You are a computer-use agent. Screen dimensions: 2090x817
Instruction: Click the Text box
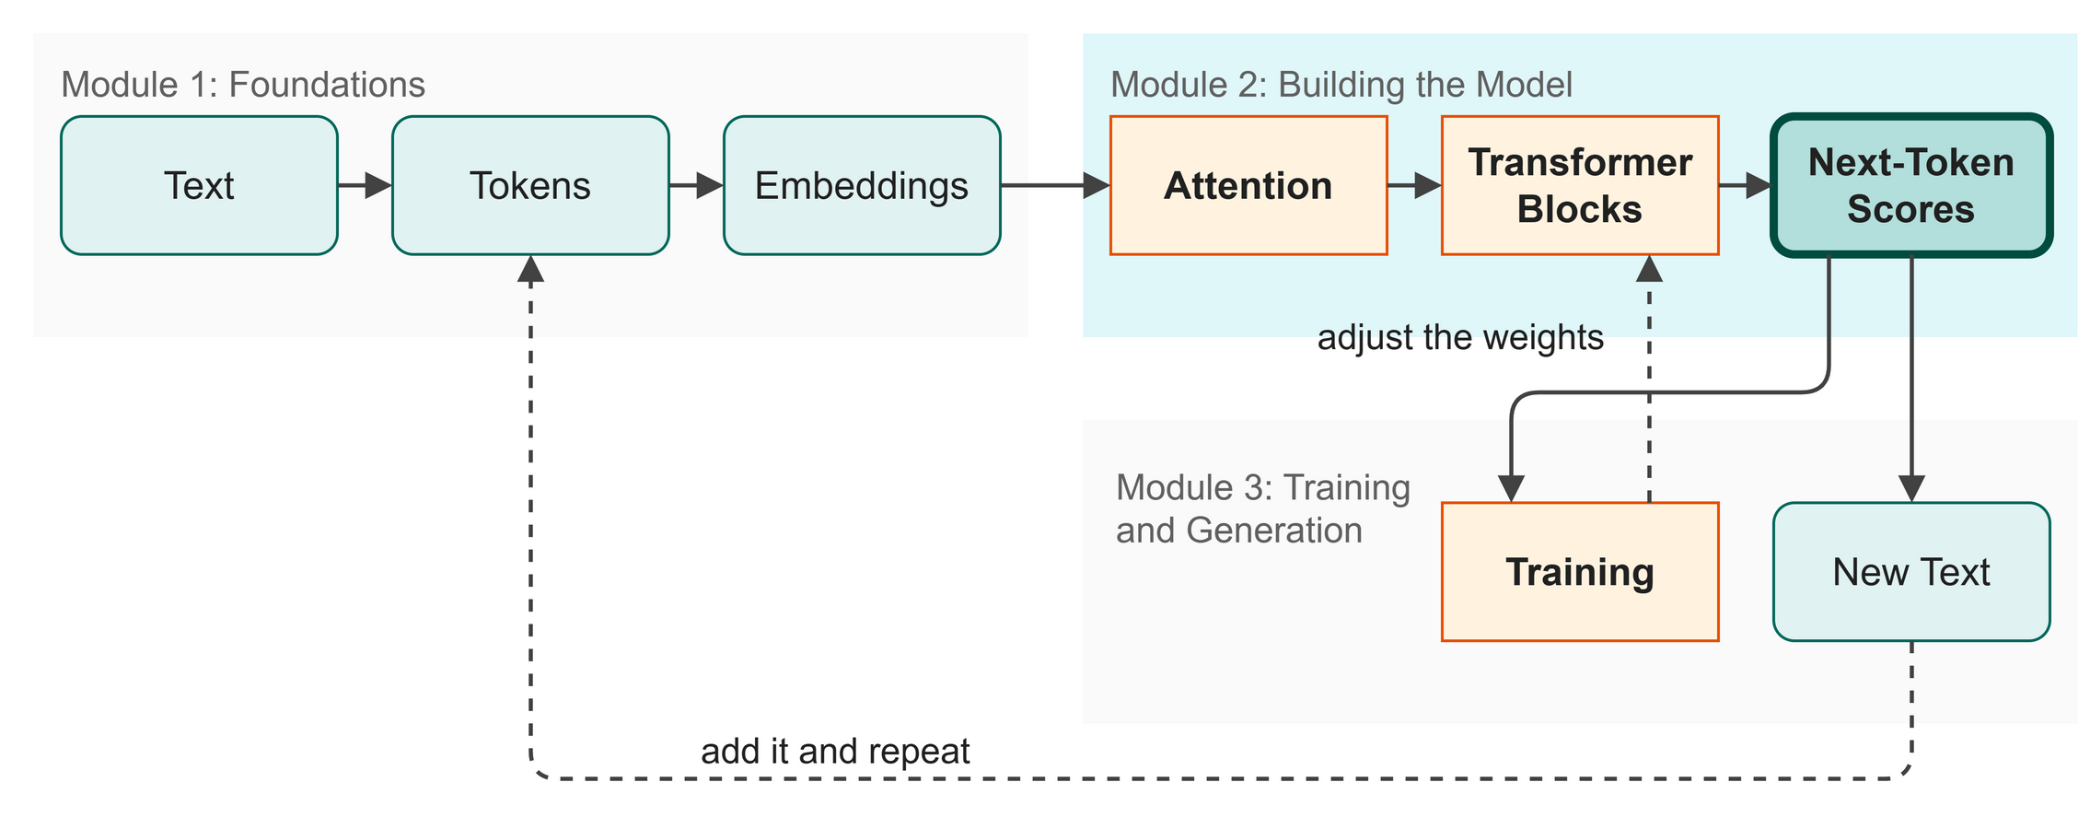[199, 185]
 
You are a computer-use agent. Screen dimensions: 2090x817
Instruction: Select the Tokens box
[530, 185]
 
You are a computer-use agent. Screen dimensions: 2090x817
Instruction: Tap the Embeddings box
[862, 185]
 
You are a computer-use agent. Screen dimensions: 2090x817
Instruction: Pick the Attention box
[1248, 185]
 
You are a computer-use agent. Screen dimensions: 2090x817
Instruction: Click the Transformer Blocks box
[1580, 185]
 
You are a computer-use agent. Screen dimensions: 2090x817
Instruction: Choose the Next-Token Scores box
[1911, 185]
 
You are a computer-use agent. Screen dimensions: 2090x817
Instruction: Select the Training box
[1580, 572]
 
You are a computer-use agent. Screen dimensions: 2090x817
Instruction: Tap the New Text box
[1911, 572]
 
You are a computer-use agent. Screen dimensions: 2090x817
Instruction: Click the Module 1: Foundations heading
[243, 85]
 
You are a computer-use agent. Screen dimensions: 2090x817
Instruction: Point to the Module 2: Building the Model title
[1341, 85]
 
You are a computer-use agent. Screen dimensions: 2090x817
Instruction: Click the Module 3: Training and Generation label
[1263, 509]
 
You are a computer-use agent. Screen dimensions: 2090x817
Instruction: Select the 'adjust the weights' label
[1460, 338]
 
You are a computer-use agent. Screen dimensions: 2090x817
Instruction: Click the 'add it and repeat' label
[835, 752]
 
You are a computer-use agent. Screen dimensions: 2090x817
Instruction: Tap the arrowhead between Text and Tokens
[379, 185]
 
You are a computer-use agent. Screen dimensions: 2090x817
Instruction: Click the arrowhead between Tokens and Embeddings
[711, 185]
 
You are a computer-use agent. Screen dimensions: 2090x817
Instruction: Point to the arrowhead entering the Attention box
[1097, 185]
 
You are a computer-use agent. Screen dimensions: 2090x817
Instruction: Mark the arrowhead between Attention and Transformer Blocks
[1429, 185]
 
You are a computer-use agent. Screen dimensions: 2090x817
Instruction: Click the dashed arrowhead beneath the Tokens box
[530, 268]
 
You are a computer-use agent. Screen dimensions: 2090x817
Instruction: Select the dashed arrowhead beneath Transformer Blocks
[1649, 268]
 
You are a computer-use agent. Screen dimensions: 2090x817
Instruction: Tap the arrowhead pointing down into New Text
[1912, 489]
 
